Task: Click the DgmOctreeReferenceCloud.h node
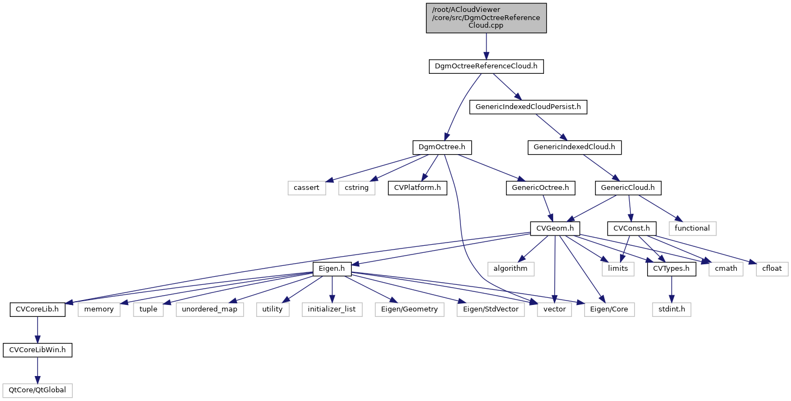pos(486,67)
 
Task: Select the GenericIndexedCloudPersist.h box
pos(528,107)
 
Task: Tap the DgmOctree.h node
pos(442,147)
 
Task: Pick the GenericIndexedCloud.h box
pos(574,147)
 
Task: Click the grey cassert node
pos(307,188)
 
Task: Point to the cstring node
pos(357,188)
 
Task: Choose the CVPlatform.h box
pos(414,188)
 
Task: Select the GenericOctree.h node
pos(540,188)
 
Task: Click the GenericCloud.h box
pos(628,188)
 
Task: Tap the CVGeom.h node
pos(554,228)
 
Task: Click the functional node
pos(692,228)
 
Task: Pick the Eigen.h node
pos(332,269)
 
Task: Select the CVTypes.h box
pos(672,269)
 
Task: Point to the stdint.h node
pos(672,309)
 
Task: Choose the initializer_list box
pos(332,309)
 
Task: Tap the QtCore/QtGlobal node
pos(37,390)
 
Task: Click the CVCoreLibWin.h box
pos(37,350)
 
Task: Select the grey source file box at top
pos(486,18)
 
